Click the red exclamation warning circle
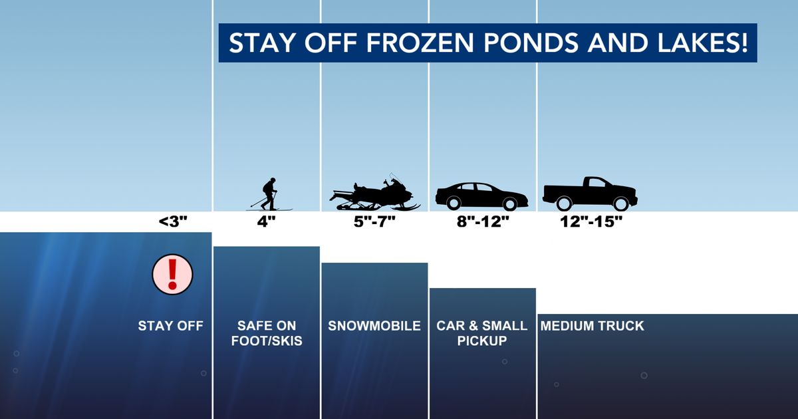pyautogui.click(x=172, y=274)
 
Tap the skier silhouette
pyautogui.click(x=269, y=195)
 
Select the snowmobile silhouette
pyautogui.click(x=375, y=194)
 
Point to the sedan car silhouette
pyautogui.click(x=481, y=196)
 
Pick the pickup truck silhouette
pyautogui.click(x=590, y=194)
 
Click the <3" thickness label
pyautogui.click(x=174, y=222)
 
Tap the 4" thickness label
pyautogui.click(x=266, y=222)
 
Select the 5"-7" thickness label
pyautogui.click(x=374, y=222)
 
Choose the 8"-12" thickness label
pyautogui.click(x=482, y=222)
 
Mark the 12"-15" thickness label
pyautogui.click(x=591, y=222)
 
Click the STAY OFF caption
pyautogui.click(x=170, y=326)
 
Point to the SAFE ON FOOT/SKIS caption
pyautogui.click(x=266, y=333)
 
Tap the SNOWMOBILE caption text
pyautogui.click(x=374, y=326)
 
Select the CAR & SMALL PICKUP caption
pyautogui.click(x=482, y=333)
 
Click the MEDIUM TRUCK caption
pyautogui.click(x=592, y=326)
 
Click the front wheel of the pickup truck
pyautogui.click(x=620, y=204)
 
